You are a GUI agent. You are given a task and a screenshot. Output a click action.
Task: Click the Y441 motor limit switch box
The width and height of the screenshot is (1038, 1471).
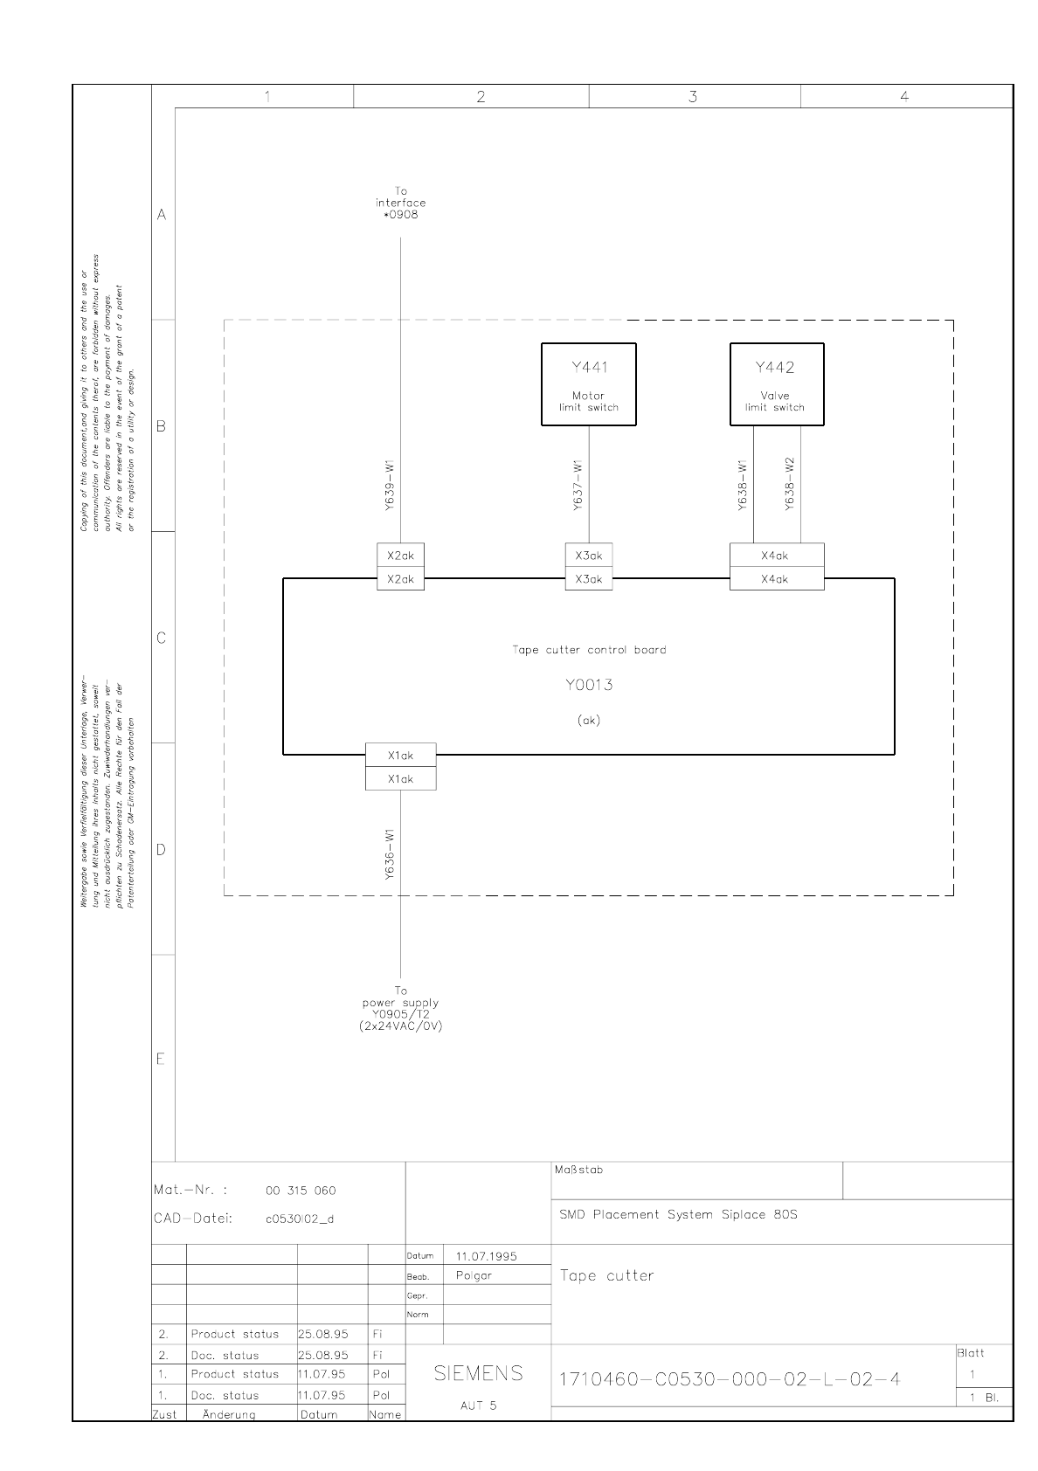click(x=588, y=384)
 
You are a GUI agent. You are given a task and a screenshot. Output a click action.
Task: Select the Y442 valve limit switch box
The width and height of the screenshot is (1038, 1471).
click(x=776, y=384)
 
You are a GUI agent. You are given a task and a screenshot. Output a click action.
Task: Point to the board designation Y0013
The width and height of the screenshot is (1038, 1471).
click(x=588, y=685)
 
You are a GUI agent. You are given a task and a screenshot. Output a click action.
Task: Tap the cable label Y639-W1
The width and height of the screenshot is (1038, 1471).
click(x=392, y=486)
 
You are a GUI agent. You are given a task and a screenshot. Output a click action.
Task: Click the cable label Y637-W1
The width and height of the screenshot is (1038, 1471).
click(x=578, y=486)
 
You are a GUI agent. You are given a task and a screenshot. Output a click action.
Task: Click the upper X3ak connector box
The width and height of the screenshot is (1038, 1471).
click(x=588, y=556)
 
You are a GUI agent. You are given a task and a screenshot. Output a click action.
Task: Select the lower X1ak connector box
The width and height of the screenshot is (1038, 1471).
click(x=400, y=779)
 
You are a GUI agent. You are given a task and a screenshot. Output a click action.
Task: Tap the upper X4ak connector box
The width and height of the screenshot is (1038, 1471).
click(x=776, y=556)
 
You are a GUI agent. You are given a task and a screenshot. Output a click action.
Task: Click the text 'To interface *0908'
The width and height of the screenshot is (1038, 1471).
click(x=401, y=203)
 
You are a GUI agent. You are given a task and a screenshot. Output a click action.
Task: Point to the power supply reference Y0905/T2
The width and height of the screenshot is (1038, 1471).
click(x=401, y=1014)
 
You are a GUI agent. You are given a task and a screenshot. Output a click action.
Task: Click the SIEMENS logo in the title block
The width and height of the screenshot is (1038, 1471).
click(x=479, y=1373)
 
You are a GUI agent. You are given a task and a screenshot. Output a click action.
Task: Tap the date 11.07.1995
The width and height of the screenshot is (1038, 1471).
click(x=486, y=1256)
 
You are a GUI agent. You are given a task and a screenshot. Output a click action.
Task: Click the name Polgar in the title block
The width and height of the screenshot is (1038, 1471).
click(x=474, y=1275)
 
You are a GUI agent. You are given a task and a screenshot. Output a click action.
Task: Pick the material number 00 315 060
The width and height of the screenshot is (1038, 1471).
click(x=301, y=1191)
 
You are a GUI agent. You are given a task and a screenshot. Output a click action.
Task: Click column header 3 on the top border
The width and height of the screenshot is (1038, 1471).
click(x=693, y=97)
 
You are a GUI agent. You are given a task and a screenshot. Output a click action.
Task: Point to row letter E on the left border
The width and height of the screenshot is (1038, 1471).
click(x=162, y=1060)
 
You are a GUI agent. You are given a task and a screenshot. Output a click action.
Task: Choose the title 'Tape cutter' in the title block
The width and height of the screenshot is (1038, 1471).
click(x=607, y=1276)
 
